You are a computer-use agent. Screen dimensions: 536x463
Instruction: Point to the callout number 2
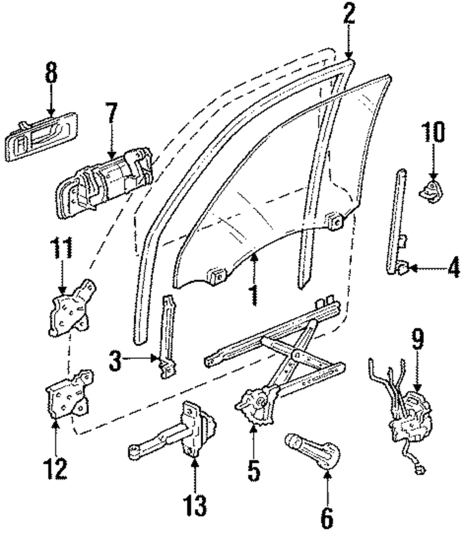coord(349,15)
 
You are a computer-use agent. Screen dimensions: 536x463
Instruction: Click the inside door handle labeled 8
coord(41,137)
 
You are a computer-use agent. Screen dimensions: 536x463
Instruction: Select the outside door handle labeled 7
coord(104,183)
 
